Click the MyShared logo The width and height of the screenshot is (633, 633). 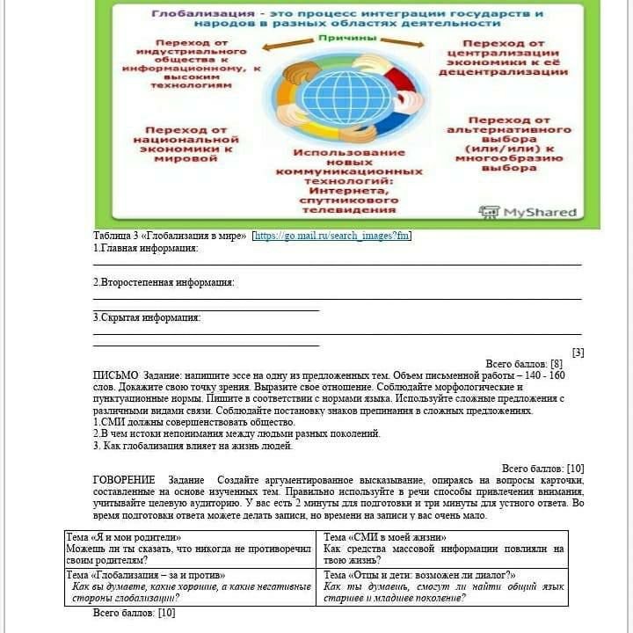coord(527,212)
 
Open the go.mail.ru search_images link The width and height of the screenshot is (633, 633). coord(331,236)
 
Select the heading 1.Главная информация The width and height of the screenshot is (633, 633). coord(146,248)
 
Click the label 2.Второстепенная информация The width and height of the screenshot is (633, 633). coord(164,282)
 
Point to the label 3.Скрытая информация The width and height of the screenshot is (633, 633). coord(147,317)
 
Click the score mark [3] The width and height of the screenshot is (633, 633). coord(578,352)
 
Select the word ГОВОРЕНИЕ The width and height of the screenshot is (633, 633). coord(124,480)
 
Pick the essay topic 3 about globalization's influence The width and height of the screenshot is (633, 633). coord(193,446)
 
